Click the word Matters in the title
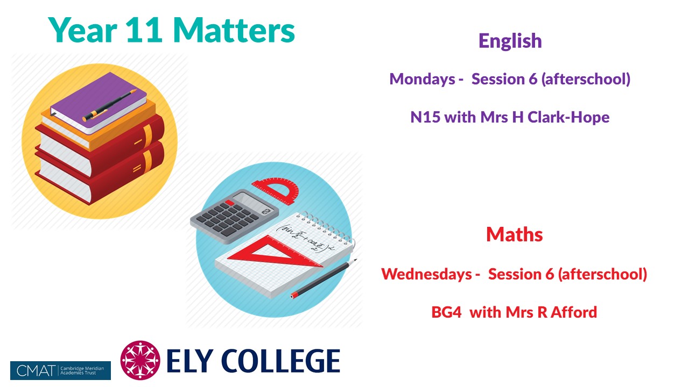tap(234, 30)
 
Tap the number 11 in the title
tap(144, 30)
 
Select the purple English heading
tap(510, 41)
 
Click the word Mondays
tap(422, 79)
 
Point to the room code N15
tap(425, 117)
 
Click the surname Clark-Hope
tap(568, 118)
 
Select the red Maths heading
tap(514, 235)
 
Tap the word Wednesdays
tap(426, 274)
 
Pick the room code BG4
tap(446, 312)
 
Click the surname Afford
tap(574, 312)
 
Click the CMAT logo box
tap(60, 370)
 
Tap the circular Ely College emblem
tap(140, 360)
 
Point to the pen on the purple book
tap(109, 105)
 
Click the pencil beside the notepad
tap(324, 278)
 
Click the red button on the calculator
tap(229, 203)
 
